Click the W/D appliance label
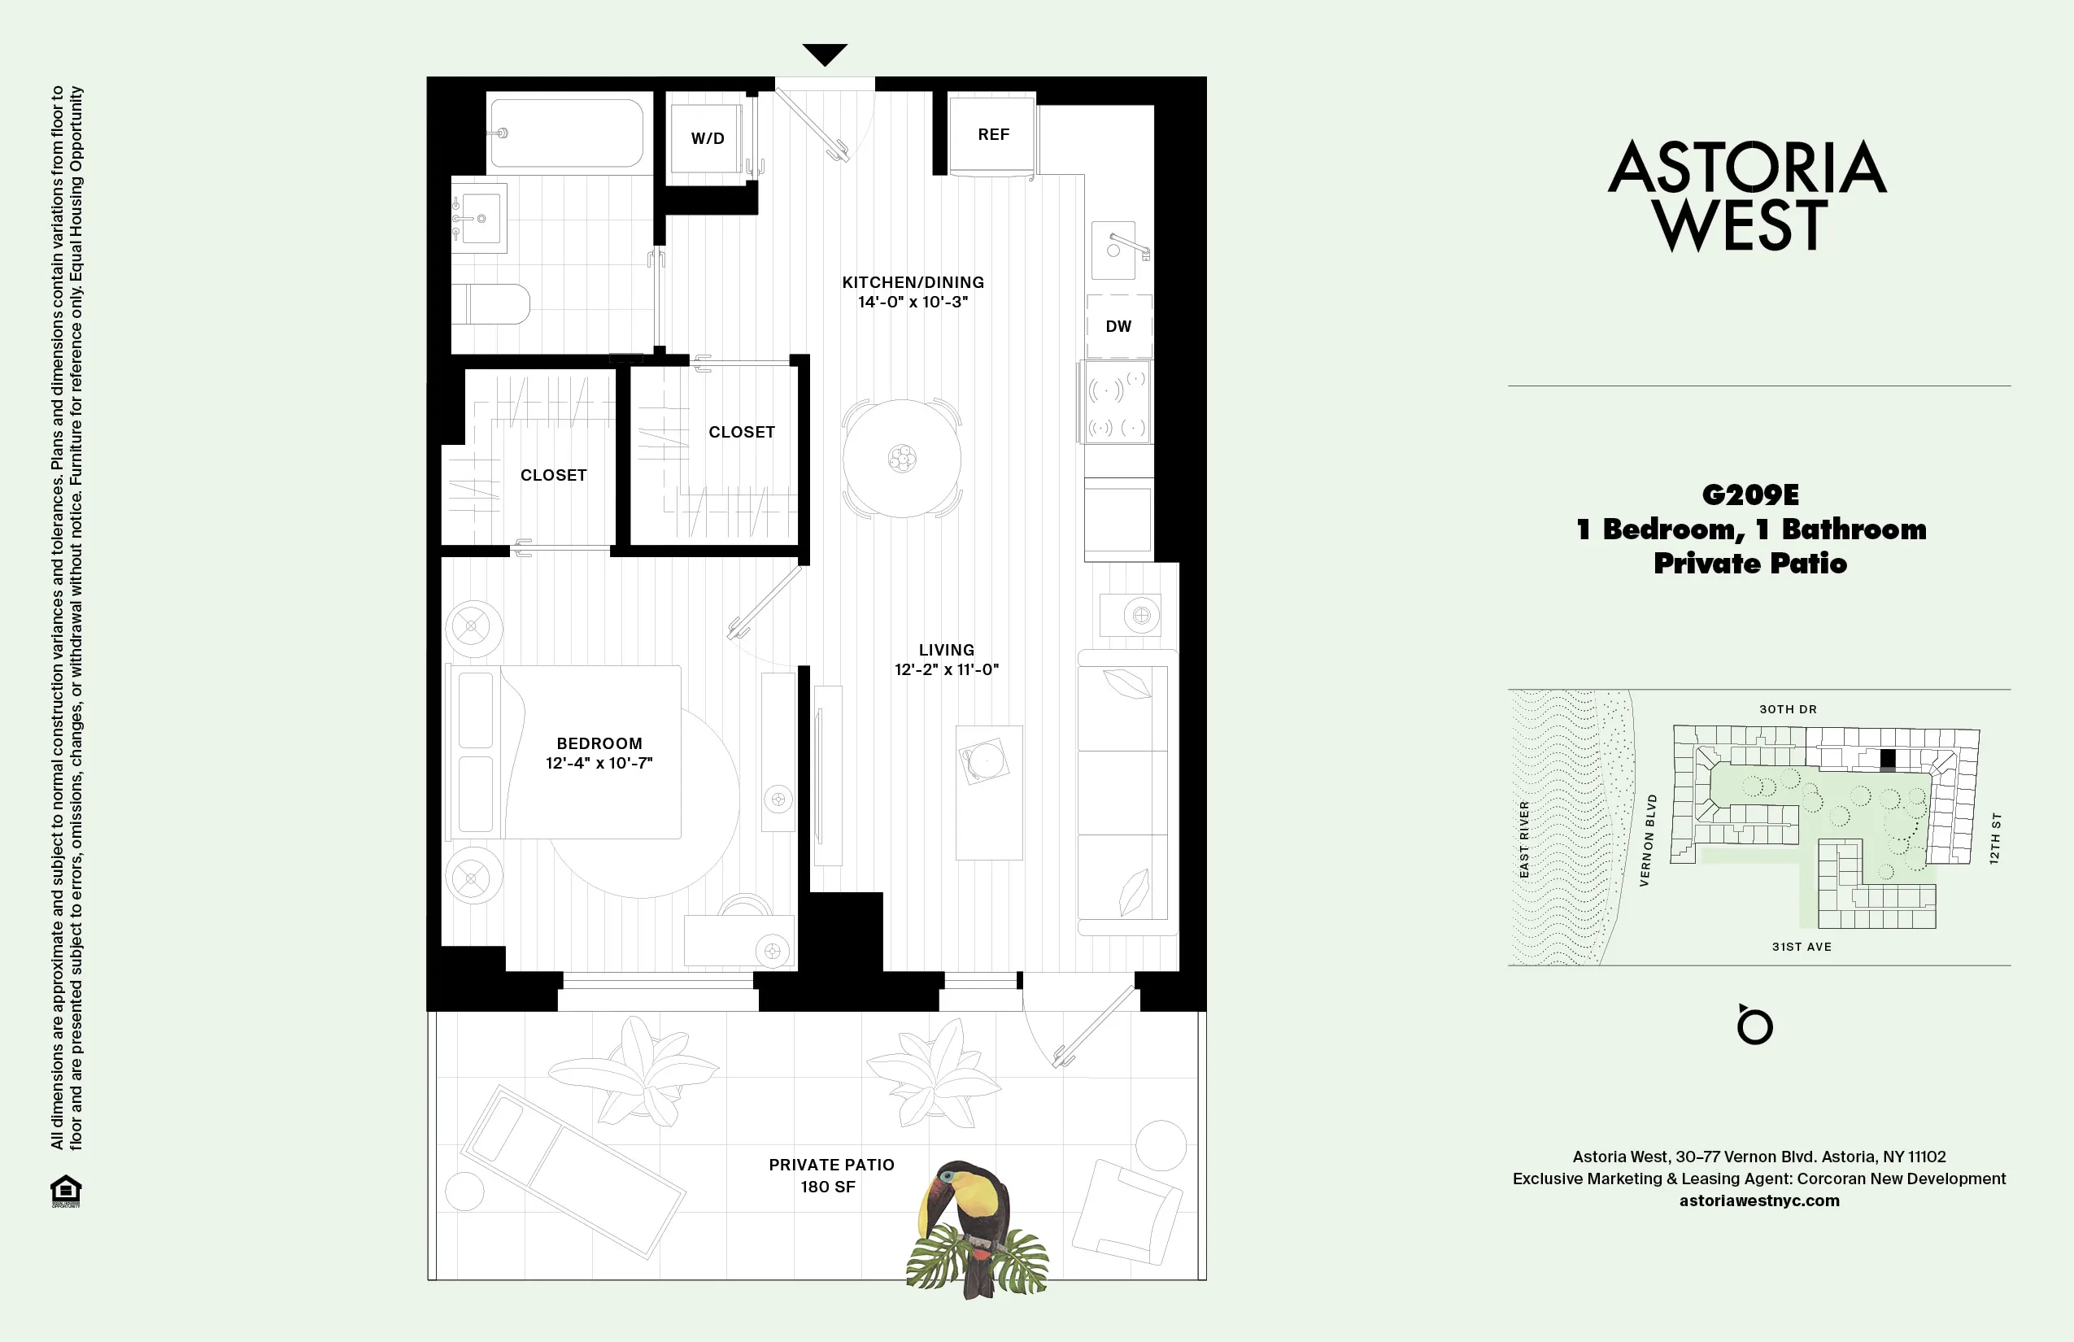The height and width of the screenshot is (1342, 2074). point(708,138)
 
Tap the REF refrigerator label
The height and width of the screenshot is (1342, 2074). point(993,134)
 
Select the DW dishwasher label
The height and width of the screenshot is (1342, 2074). point(1118,327)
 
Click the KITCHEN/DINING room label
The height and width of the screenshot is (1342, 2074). point(913,282)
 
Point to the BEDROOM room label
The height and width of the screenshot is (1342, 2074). point(599,743)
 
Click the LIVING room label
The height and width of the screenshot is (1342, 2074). point(947,650)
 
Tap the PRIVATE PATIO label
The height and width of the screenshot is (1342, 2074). point(831,1165)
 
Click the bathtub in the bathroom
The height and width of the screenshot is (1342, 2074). point(566,133)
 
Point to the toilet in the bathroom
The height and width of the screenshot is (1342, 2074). point(492,304)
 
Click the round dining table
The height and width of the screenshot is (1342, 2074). point(902,459)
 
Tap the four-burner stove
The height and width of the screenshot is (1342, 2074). point(1118,403)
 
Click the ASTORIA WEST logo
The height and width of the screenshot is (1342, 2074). point(1746,196)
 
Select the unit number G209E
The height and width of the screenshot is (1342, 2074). point(1749,495)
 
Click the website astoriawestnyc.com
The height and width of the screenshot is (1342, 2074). point(1758,1200)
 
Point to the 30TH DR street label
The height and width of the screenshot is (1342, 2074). point(1788,709)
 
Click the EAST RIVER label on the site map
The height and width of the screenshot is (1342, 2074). point(1524,839)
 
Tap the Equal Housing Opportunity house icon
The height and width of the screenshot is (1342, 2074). point(66,1191)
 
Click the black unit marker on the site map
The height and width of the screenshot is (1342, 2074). point(1888,760)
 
